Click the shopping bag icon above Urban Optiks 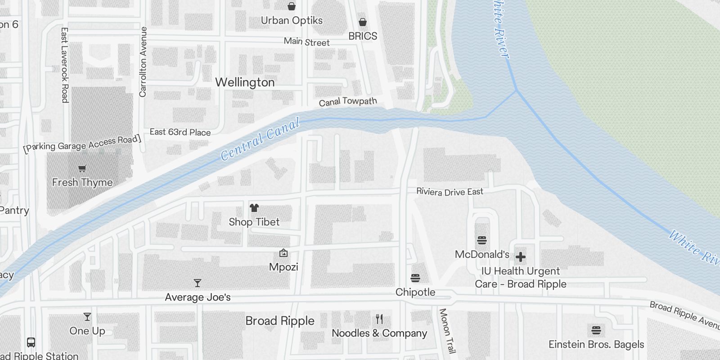(x=292, y=6)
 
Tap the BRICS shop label (x=363, y=36)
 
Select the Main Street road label (x=307, y=42)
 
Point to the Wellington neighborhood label (x=245, y=82)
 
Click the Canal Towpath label (x=348, y=102)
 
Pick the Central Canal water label (x=260, y=140)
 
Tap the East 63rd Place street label (x=180, y=132)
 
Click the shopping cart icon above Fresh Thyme (x=82, y=169)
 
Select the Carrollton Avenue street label (x=143, y=62)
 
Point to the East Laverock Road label (x=65, y=65)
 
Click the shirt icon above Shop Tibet (x=254, y=208)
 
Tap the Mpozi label (x=283, y=267)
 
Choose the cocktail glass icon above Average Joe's (x=198, y=283)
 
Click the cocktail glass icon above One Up (x=87, y=317)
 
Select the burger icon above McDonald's (x=482, y=240)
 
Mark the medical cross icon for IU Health (x=521, y=257)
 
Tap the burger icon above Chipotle (x=415, y=278)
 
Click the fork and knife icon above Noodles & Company (x=379, y=319)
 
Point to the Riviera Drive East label (x=450, y=192)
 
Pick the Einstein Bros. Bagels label (x=596, y=345)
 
